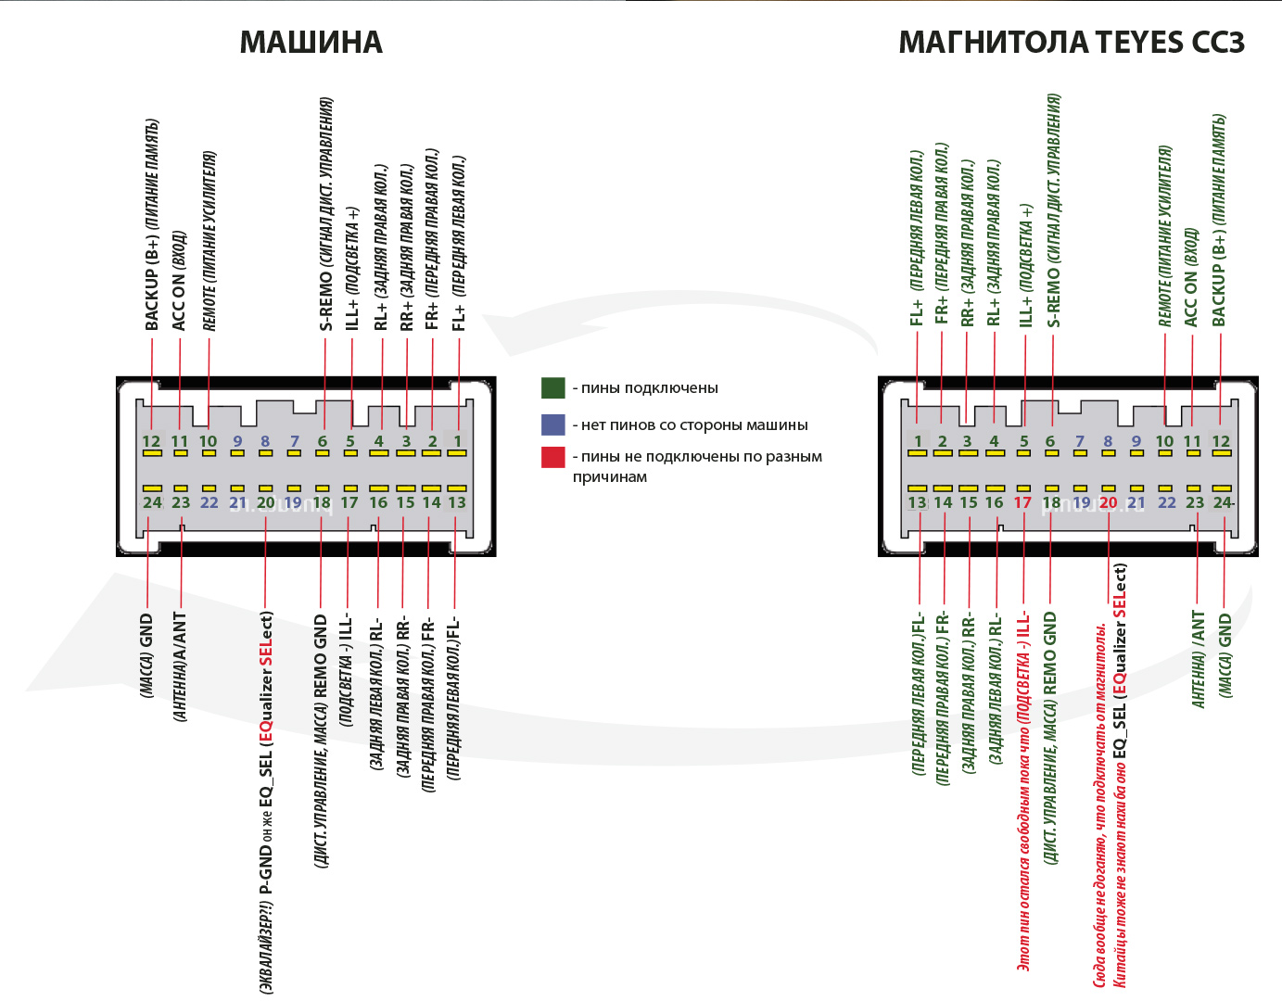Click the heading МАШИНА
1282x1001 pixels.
click(311, 43)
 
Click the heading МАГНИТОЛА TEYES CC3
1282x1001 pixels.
click(1071, 43)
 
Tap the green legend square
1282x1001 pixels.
click(553, 387)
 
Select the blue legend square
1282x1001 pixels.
click(553, 424)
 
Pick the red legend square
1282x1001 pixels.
click(553, 456)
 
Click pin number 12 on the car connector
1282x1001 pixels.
click(151, 441)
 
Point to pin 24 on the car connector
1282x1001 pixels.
click(152, 502)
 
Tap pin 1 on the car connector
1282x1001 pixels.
click(457, 441)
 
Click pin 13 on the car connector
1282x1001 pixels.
click(457, 502)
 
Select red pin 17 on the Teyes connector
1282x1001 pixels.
click(1022, 502)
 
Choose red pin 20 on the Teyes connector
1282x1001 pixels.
click(1108, 502)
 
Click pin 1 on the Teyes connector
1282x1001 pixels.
click(918, 441)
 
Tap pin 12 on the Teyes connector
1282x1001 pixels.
click(1221, 441)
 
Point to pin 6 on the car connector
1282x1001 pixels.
click(322, 441)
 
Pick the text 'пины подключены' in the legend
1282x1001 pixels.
click(649, 387)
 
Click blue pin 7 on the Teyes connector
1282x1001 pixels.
click(1079, 441)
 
